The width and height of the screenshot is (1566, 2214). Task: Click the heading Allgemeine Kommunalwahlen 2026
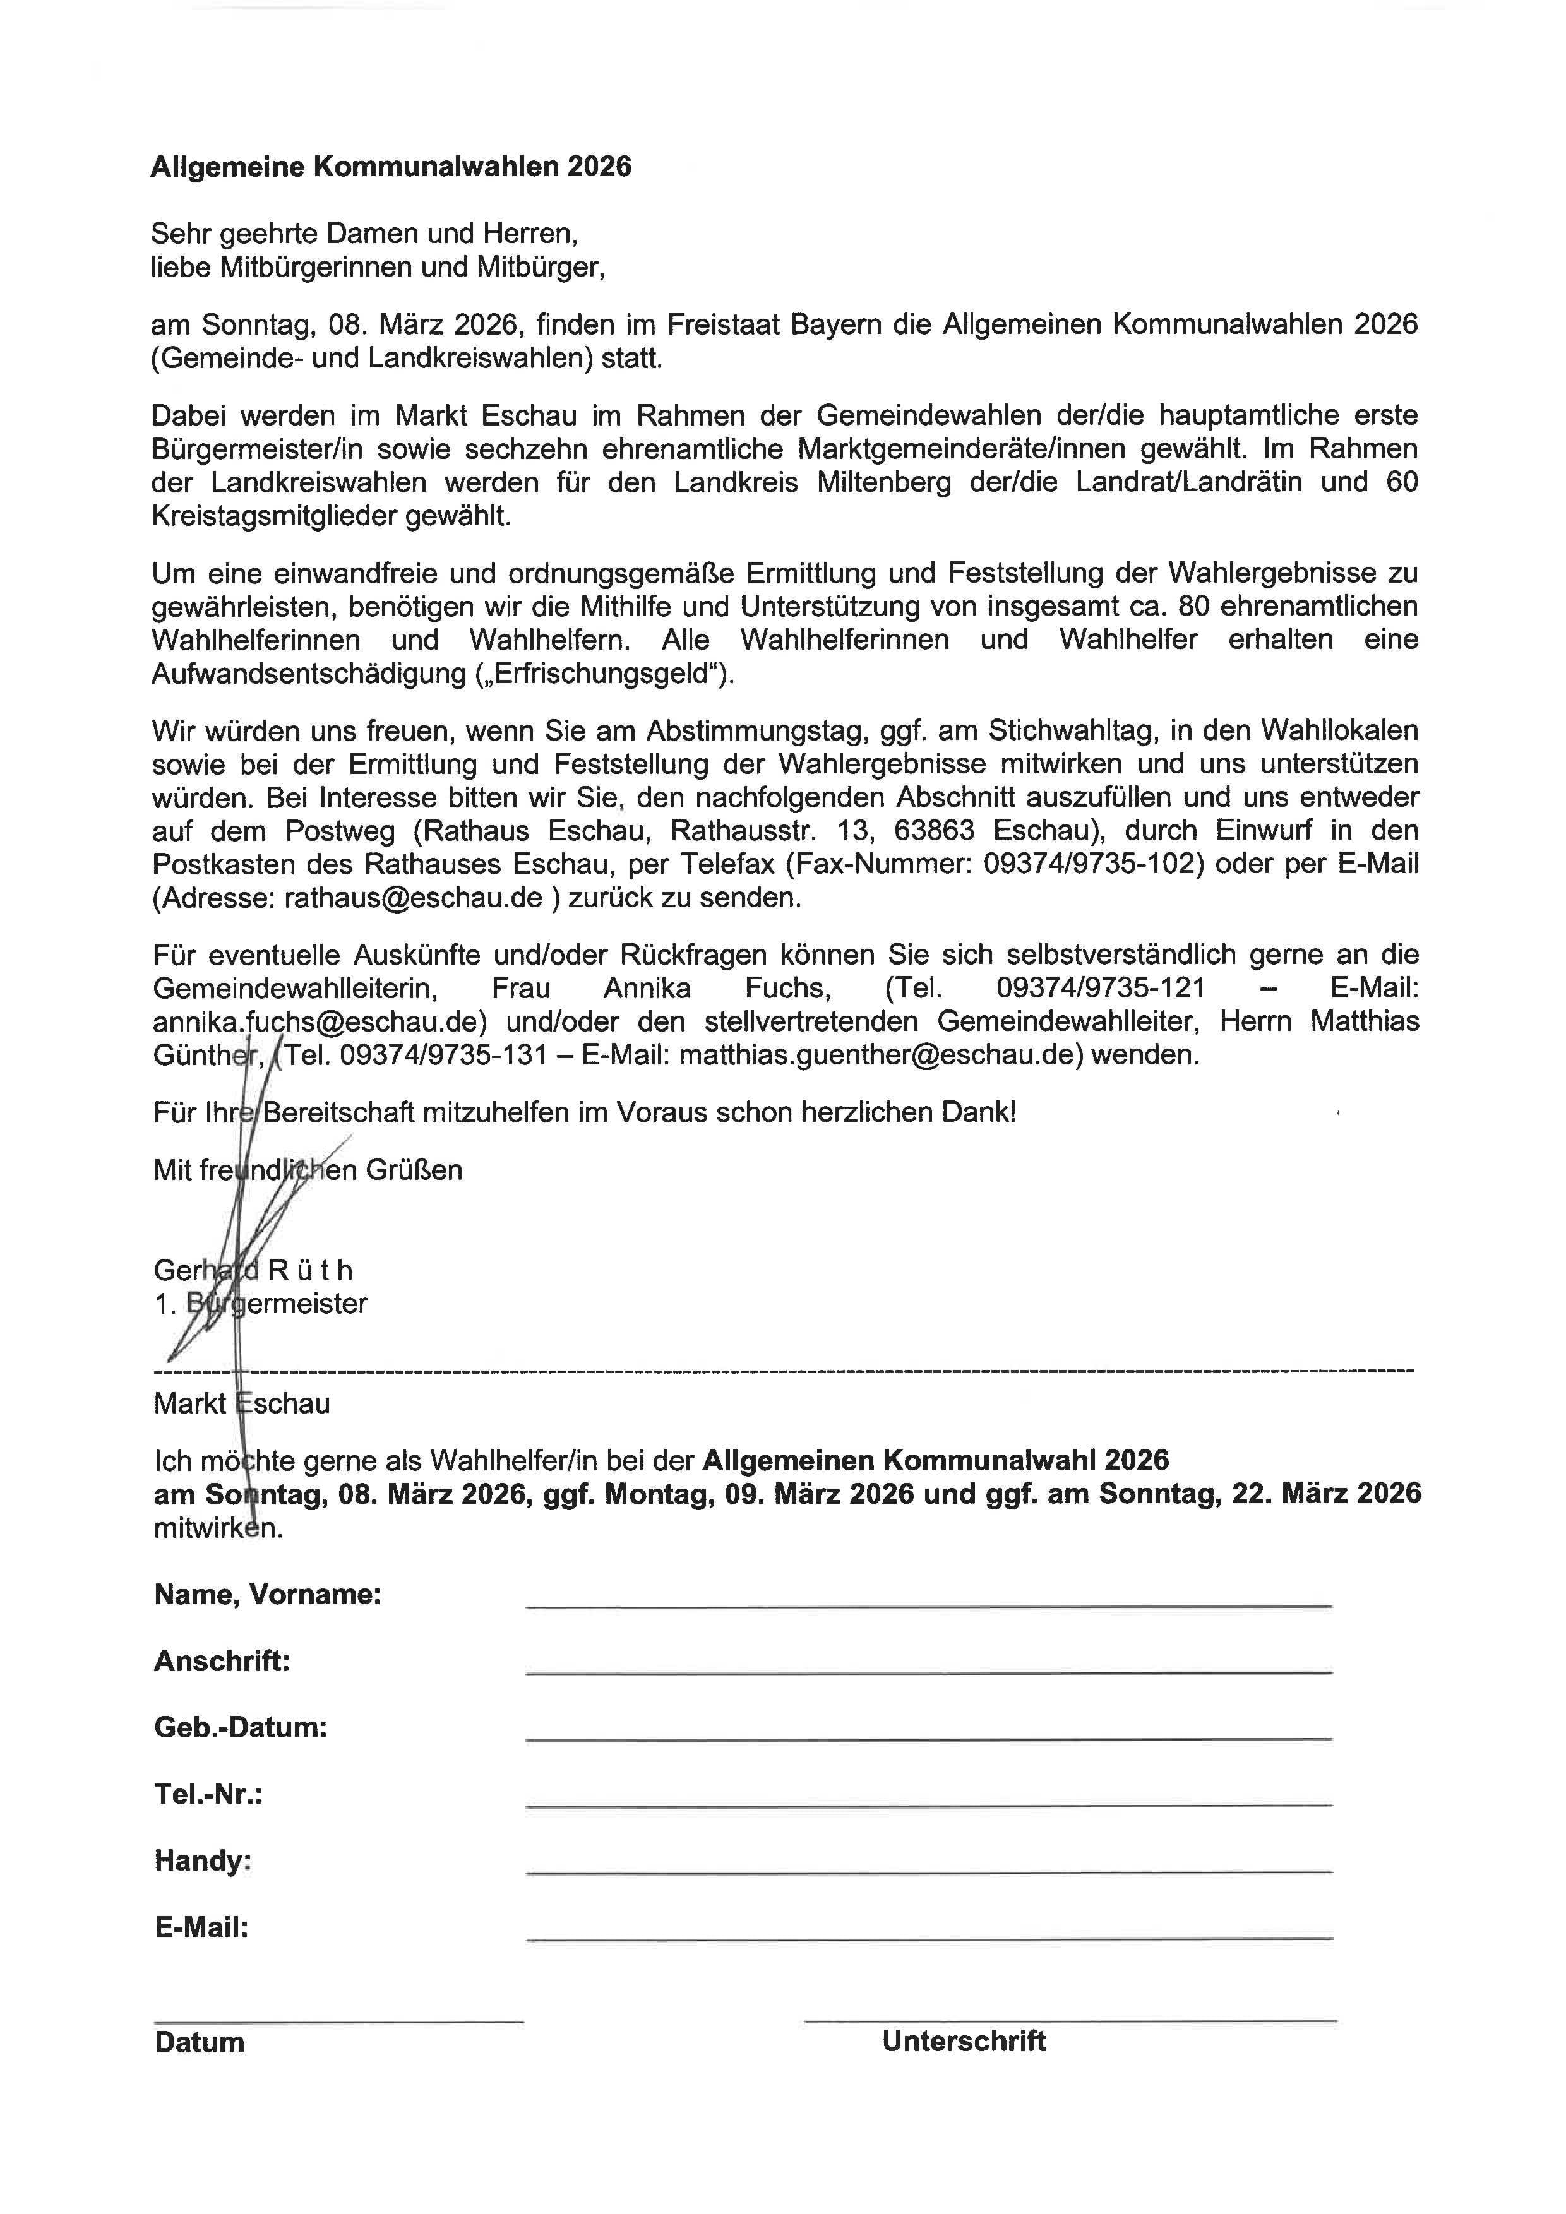click(390, 167)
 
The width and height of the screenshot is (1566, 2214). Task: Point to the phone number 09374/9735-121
click(1100, 989)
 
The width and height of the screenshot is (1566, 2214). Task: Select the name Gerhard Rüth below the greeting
click(253, 1270)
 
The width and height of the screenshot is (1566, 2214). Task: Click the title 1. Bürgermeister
click(260, 1304)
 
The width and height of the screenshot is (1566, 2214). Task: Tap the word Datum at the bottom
click(199, 2042)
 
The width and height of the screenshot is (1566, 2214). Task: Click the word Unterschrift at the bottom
click(964, 2040)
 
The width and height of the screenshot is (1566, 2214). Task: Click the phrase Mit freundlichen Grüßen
click(308, 1170)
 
